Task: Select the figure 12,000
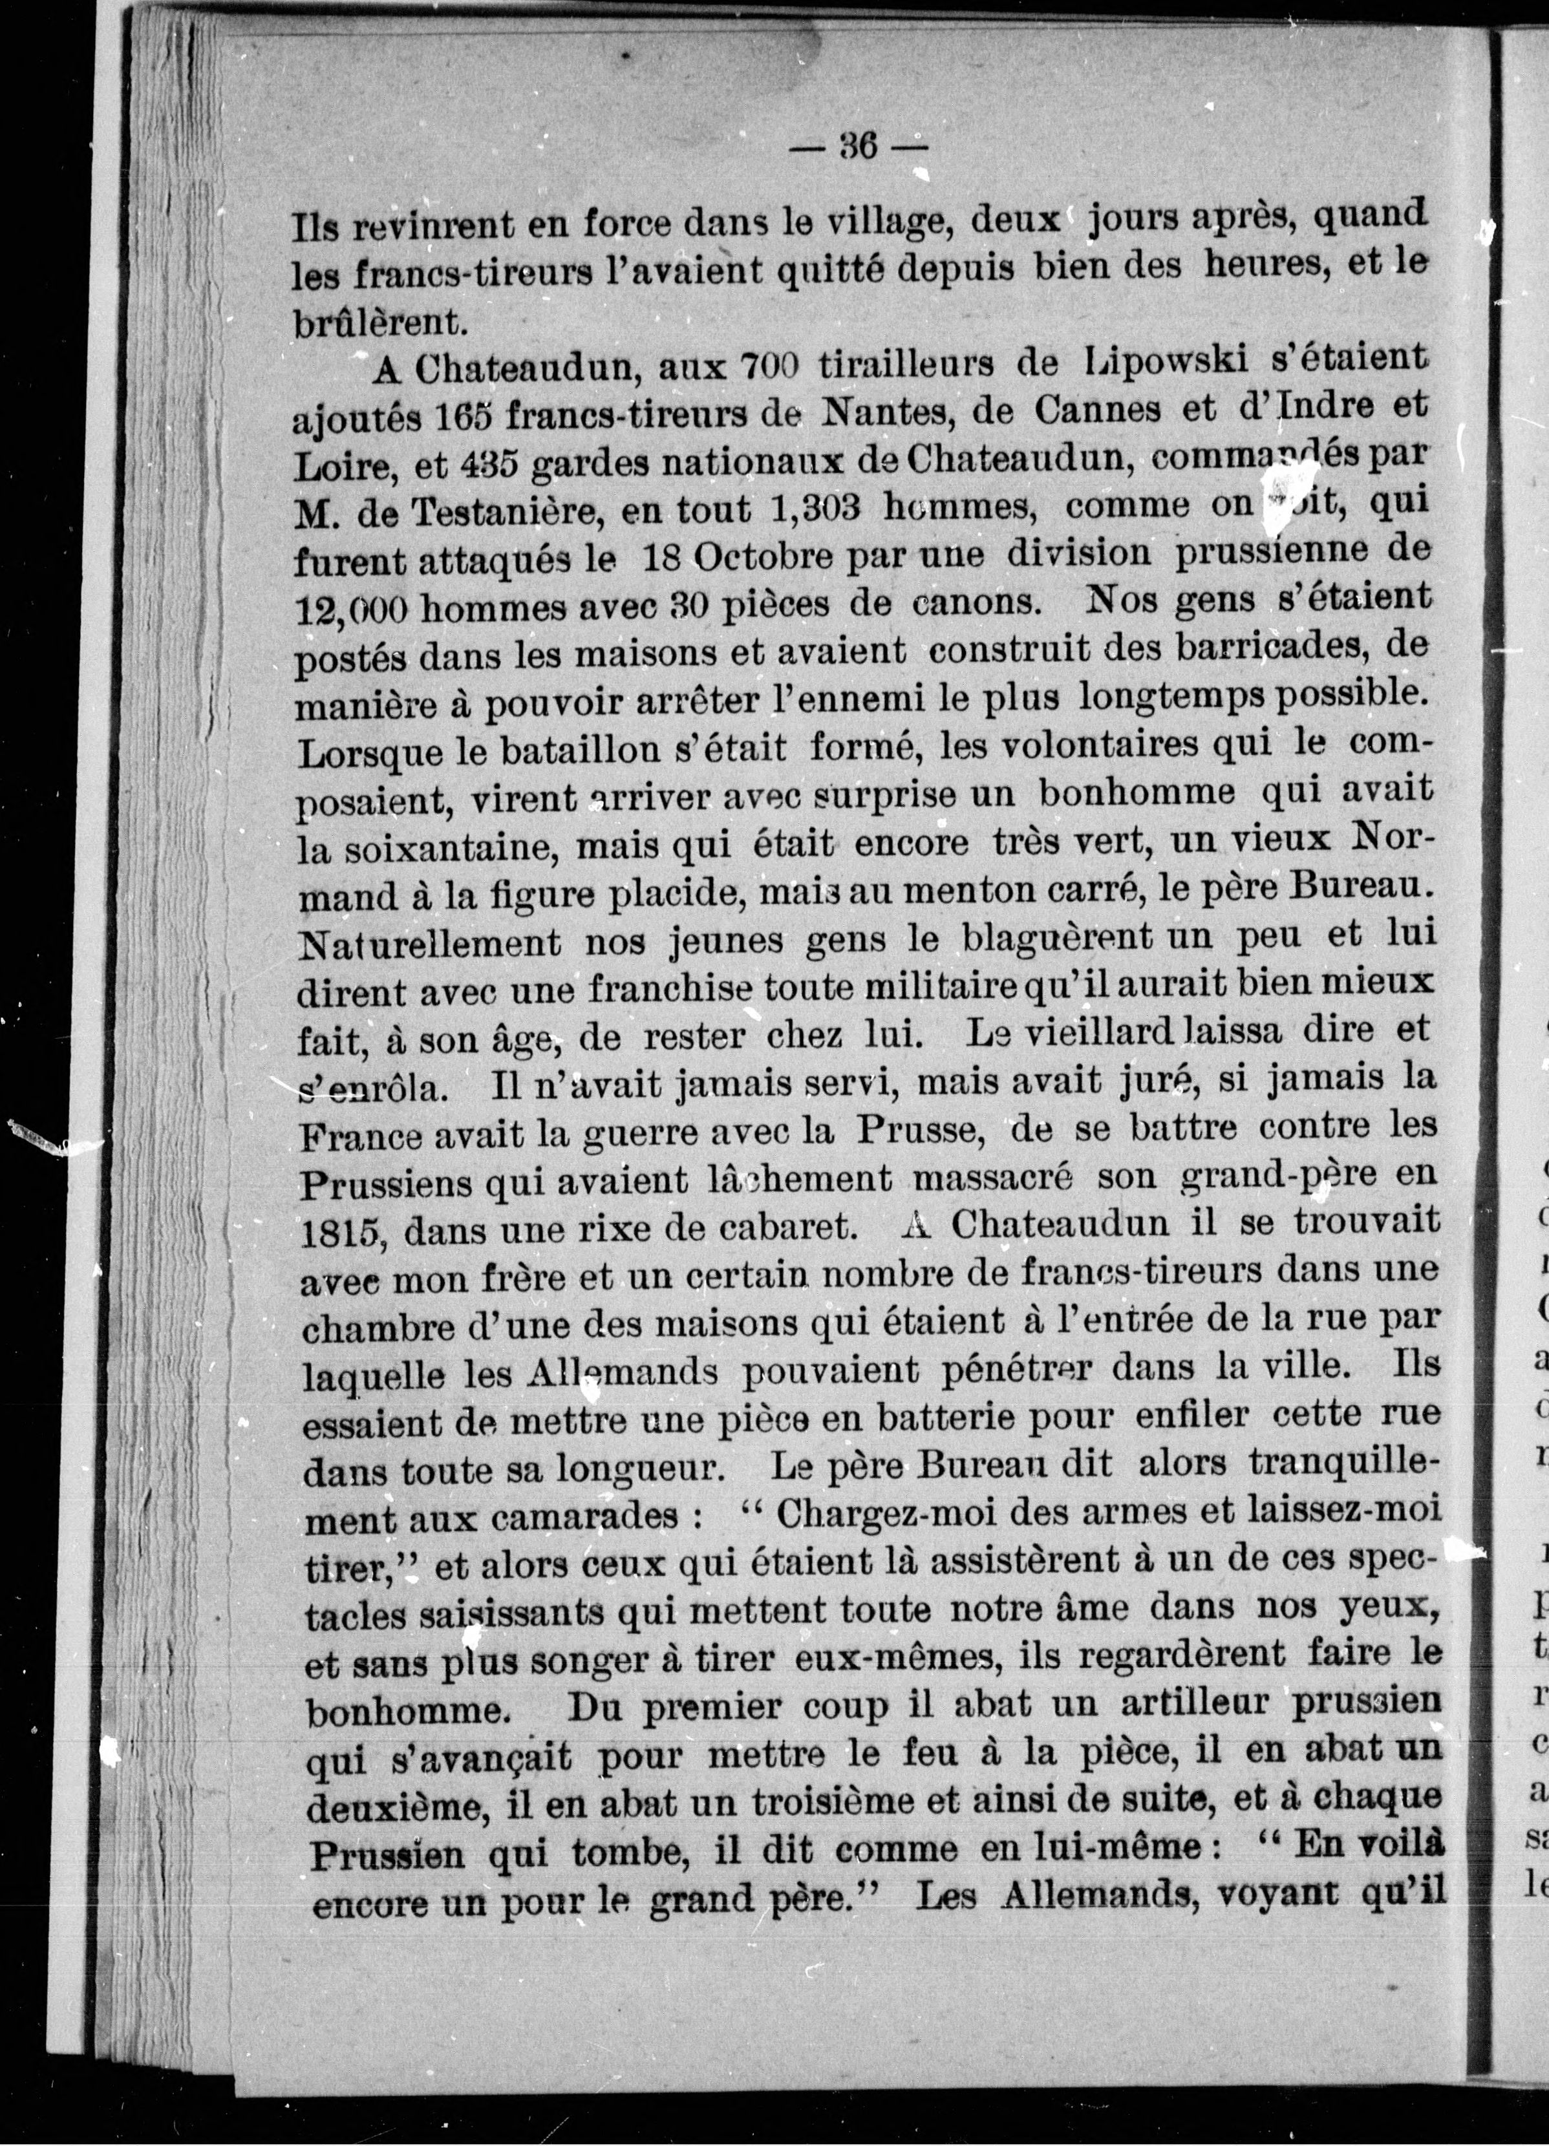350,610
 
